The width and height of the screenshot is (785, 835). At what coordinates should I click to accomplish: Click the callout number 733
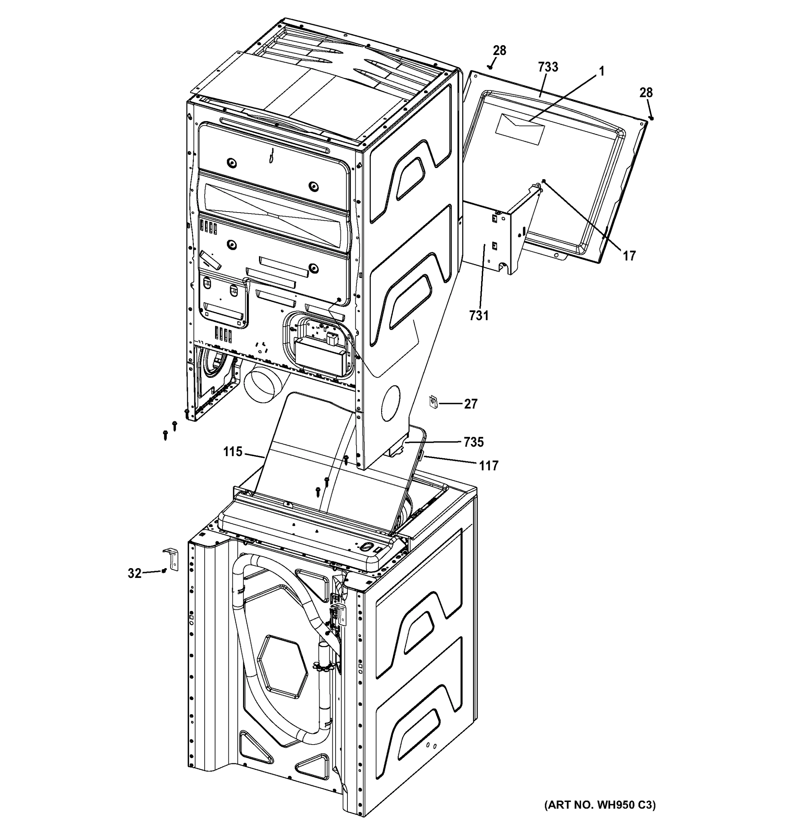point(548,67)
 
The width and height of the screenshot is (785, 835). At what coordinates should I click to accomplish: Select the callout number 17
point(629,255)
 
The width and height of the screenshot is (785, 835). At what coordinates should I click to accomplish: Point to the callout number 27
point(471,404)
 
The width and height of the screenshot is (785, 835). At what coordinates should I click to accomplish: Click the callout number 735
point(473,442)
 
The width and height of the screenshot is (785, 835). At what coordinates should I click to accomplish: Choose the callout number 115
point(233,452)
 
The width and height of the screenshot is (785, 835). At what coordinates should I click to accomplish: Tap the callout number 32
point(134,573)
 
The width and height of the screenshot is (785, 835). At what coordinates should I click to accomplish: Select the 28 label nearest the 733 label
point(499,51)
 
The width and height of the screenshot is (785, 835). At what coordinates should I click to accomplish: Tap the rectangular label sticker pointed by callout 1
point(520,128)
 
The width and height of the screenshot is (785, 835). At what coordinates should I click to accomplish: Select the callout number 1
point(601,71)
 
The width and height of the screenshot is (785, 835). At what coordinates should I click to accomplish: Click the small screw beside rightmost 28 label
point(651,118)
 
